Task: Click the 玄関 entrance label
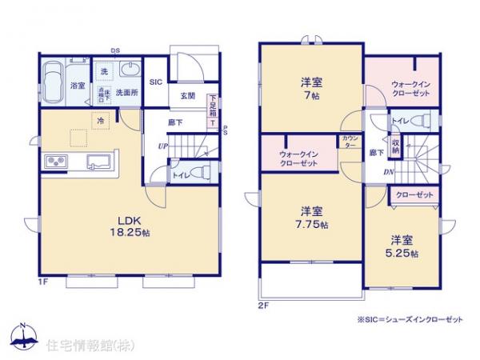tap(188, 97)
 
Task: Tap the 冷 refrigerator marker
tap(100, 121)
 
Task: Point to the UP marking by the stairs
tap(162, 146)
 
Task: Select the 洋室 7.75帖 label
tap(312, 218)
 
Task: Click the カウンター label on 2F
tap(350, 142)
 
